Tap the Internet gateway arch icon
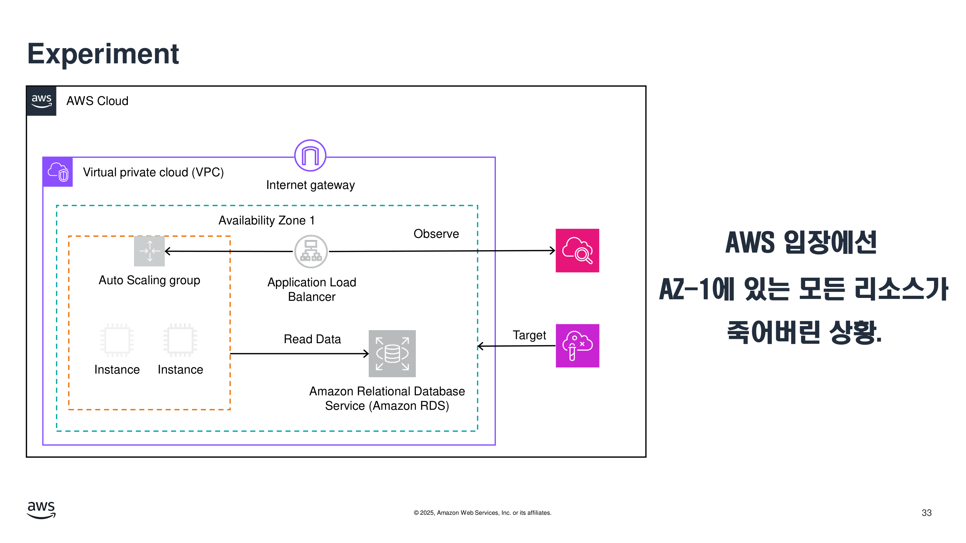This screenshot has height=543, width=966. tap(310, 156)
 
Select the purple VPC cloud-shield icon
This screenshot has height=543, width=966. tap(58, 172)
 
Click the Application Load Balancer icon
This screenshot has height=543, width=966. tap(311, 252)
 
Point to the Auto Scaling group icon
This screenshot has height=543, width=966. tap(149, 251)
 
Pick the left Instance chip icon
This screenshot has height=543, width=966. tap(117, 340)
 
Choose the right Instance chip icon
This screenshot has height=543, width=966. tap(180, 340)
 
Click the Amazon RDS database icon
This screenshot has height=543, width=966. tap(392, 353)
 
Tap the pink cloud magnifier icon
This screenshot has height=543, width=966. tap(577, 251)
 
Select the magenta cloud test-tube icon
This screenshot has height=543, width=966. tap(577, 345)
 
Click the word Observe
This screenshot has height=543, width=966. tap(436, 234)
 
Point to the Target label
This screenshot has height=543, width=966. tap(529, 335)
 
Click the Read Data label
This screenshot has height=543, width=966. tap(312, 339)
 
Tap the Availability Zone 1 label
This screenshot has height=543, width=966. tap(267, 220)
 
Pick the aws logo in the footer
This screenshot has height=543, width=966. tap(41, 510)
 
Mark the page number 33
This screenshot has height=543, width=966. tap(927, 513)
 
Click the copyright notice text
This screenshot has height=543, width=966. tap(482, 513)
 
